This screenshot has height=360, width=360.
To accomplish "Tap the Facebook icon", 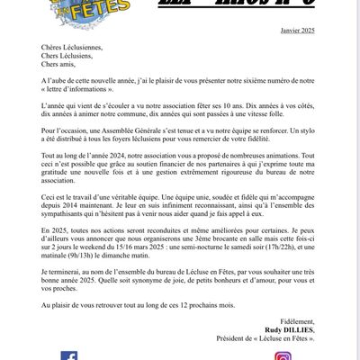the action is click(x=69, y=355).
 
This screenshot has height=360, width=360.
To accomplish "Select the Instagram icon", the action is click(x=283, y=355).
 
